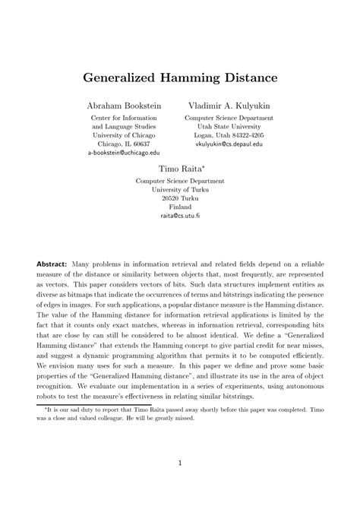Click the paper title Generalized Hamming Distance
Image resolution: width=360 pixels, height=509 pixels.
tap(179, 77)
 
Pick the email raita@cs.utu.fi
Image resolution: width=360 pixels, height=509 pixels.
tap(180, 215)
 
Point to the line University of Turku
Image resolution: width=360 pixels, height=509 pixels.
tap(180, 189)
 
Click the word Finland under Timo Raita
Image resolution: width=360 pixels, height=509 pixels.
tap(180, 207)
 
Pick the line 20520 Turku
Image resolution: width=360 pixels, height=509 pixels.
tap(180, 198)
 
